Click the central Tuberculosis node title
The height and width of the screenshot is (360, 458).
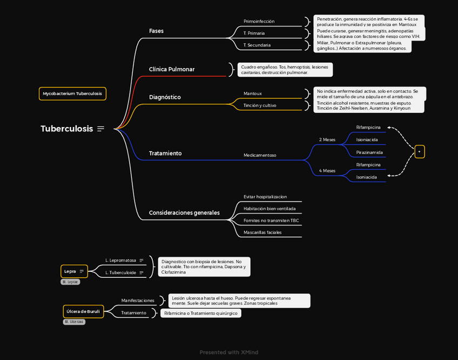click(66, 129)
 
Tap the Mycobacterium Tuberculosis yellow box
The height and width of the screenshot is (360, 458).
click(72, 94)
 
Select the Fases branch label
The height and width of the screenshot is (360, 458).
click(156, 31)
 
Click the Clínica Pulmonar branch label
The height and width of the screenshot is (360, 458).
click(171, 69)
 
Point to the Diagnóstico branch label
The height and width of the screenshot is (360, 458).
click(165, 97)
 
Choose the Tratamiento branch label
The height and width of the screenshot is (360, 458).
click(165, 154)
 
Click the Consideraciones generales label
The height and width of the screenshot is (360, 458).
click(184, 213)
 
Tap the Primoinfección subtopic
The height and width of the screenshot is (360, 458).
click(259, 22)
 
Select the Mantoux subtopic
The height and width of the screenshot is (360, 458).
click(252, 94)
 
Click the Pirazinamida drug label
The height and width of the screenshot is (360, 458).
click(369, 152)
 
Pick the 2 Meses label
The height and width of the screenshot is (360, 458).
click(327, 139)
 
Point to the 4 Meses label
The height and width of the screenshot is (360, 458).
click(327, 171)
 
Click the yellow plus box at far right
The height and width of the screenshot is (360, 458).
click(420, 152)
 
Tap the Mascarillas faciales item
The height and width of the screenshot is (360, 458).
click(262, 232)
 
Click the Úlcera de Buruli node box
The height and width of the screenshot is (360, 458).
click(83, 311)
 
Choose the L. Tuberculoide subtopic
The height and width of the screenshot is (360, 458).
click(120, 272)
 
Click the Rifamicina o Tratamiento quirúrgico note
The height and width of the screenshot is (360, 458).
click(201, 313)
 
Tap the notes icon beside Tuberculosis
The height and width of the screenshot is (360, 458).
click(100, 129)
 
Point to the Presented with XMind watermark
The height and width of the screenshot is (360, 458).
click(229, 352)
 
